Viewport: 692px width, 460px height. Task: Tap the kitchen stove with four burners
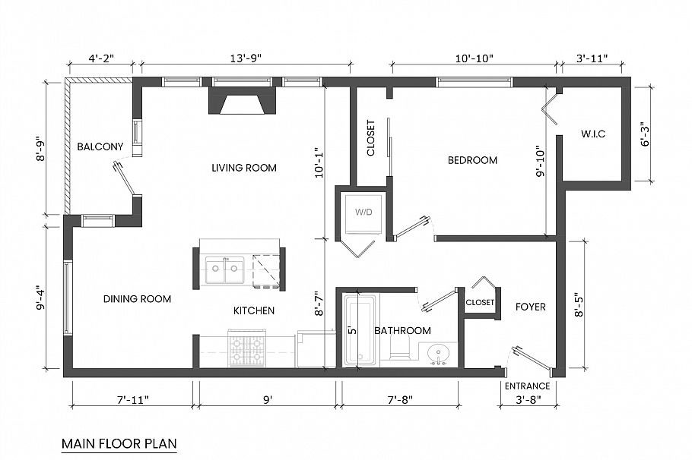point(246,350)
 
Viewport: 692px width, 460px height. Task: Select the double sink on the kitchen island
point(225,269)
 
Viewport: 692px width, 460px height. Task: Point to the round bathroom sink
point(439,354)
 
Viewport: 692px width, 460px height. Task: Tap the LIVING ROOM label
point(244,168)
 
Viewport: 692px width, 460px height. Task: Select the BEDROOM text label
point(472,160)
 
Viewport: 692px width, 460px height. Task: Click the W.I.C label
point(593,134)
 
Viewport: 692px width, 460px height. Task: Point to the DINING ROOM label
point(137,299)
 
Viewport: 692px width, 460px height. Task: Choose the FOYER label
point(530,307)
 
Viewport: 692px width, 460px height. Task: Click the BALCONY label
point(100,147)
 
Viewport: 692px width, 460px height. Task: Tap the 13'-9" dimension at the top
point(245,58)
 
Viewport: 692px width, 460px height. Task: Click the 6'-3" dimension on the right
point(645,134)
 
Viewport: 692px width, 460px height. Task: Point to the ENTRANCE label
point(527,386)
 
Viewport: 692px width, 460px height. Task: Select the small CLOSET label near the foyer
point(480,302)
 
